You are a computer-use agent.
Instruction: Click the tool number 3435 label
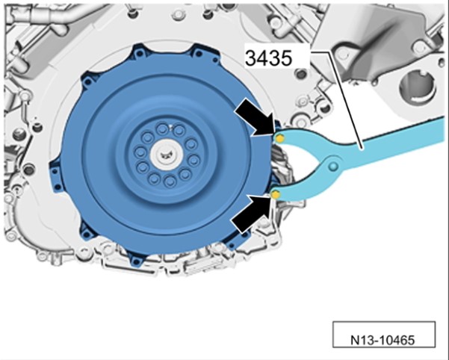pos(269,58)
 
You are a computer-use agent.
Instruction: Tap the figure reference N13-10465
pos(383,341)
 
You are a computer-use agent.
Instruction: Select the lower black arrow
pos(251,213)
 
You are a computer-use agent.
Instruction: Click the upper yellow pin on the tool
pos(279,139)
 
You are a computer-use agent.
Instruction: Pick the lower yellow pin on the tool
pos(276,195)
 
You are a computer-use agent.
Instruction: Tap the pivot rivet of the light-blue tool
pos(333,166)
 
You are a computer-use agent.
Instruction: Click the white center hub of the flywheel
pos(166,155)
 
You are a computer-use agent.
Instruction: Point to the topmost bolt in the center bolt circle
pos(162,129)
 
